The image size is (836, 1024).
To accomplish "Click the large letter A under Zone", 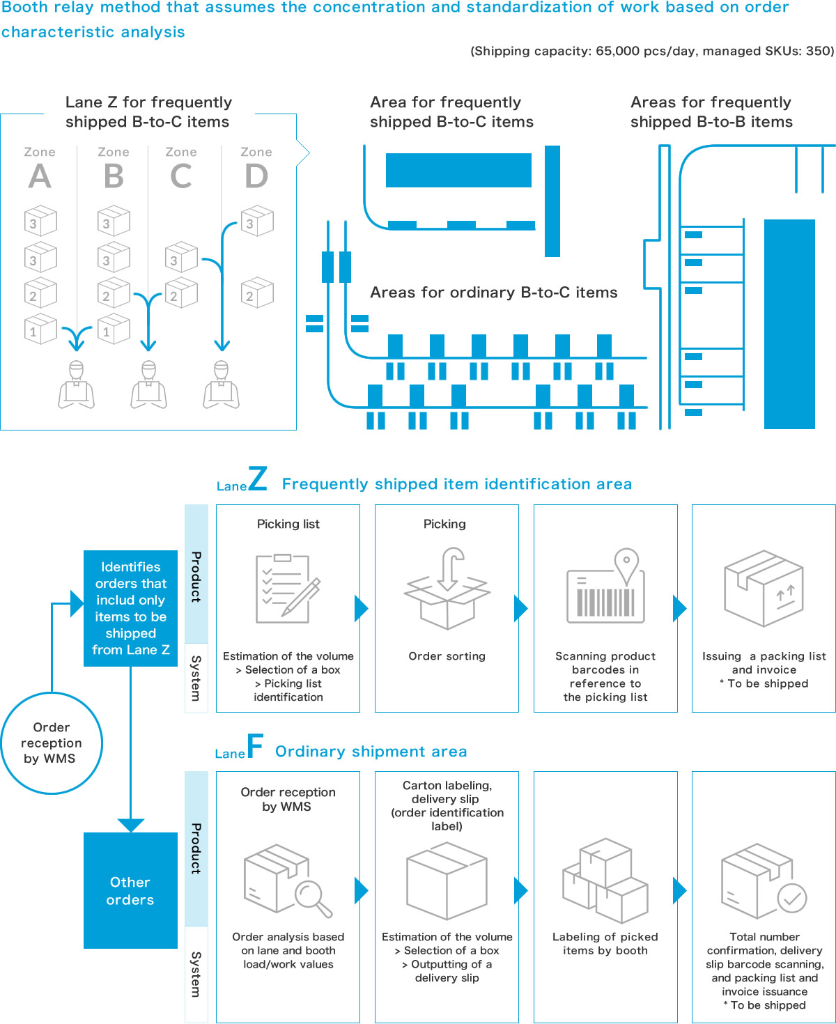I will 40,176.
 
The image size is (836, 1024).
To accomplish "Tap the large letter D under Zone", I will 256,176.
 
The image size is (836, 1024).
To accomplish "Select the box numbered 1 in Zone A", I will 40,329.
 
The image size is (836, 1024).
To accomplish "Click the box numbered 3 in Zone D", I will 257,221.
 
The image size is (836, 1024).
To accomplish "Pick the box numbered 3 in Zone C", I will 181,257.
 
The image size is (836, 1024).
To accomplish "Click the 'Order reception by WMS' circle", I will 52,743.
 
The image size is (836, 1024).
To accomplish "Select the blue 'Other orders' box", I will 130,890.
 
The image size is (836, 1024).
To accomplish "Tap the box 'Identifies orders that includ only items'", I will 130,608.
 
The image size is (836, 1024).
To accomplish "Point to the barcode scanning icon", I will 605,587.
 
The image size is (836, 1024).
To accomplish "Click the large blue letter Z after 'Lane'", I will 257,479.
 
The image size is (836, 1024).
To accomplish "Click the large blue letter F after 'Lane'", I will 255,747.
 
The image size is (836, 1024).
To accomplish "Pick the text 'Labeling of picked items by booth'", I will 605,944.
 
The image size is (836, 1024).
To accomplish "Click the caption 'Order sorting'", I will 447,656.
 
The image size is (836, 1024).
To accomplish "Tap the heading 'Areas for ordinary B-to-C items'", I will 493,293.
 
